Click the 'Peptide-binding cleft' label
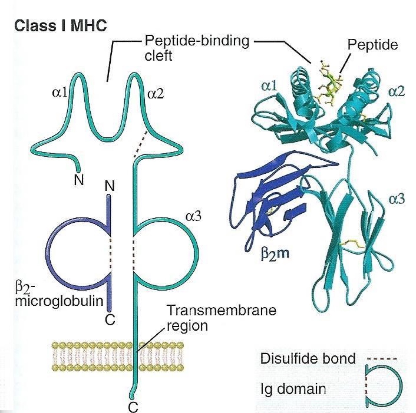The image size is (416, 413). pyautogui.click(x=196, y=48)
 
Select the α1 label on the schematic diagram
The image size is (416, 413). pyautogui.click(x=60, y=93)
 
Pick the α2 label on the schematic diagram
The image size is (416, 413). pyautogui.click(x=156, y=93)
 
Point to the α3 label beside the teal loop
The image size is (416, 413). pyautogui.click(x=194, y=216)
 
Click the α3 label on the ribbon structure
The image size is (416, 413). pyautogui.click(x=397, y=199)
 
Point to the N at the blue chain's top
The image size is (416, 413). pyautogui.click(x=109, y=187)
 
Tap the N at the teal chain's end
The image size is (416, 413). pyautogui.click(x=79, y=180)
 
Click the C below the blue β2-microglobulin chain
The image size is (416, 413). pyautogui.click(x=109, y=320)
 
